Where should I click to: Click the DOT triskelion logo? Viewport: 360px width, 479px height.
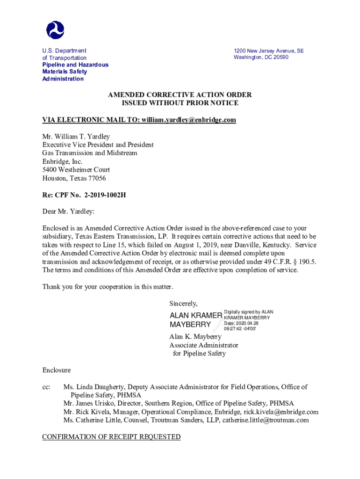(55, 29)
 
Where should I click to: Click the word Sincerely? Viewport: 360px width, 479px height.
(183, 303)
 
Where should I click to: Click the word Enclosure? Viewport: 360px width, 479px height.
(56, 370)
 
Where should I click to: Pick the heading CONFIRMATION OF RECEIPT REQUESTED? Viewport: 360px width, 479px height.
(111, 437)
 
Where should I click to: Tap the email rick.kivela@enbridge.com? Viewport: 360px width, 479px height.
(281, 412)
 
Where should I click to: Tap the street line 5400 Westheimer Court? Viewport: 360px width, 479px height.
(76, 170)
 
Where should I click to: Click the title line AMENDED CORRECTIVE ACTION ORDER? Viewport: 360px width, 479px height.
(180, 94)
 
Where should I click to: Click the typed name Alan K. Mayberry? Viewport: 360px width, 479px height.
(195, 337)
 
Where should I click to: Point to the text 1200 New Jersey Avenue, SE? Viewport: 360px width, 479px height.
(268, 51)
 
